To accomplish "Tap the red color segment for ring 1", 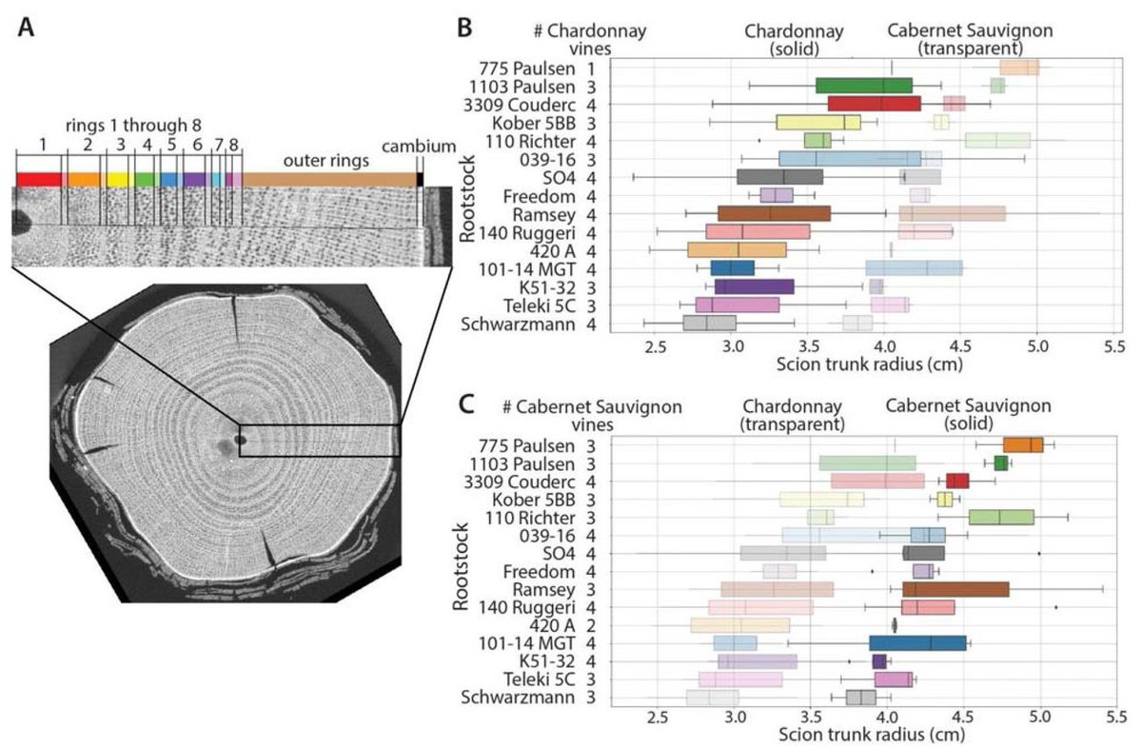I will click(39, 179).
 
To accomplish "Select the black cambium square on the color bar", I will click(419, 179).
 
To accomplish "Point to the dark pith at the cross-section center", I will click(240, 441).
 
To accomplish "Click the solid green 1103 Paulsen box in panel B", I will click(864, 86).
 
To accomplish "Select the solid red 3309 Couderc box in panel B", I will click(874, 103).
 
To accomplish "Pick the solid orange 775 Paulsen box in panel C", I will click(1023, 444).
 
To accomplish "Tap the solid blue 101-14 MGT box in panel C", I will click(916, 642).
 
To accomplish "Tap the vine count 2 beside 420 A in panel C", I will click(592, 625).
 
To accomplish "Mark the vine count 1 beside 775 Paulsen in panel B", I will click(591, 68).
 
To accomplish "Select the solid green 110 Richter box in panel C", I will click(1001, 517).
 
